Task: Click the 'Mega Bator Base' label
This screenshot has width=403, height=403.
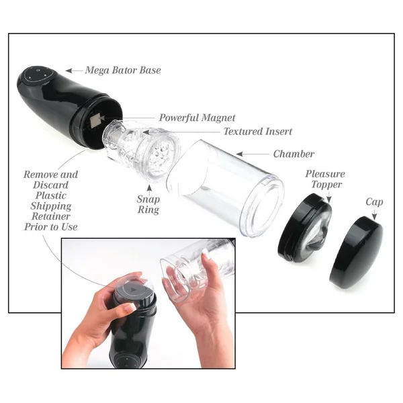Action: click(123, 70)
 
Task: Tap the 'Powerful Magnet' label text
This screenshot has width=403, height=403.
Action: click(197, 118)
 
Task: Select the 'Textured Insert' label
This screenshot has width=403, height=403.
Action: click(258, 132)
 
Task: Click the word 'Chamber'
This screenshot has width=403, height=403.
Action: click(294, 154)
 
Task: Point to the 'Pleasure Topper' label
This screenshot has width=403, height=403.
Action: click(325, 179)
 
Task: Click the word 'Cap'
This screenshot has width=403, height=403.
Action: click(374, 202)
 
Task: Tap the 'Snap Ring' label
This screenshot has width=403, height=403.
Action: click(148, 204)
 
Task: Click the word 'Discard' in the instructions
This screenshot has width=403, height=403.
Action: click(50, 185)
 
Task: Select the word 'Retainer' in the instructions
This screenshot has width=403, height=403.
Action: click(51, 216)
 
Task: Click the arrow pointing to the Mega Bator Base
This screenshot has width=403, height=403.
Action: click(75, 71)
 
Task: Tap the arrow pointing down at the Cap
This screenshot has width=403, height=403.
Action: click(375, 215)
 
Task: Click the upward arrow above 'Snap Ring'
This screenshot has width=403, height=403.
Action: click(149, 190)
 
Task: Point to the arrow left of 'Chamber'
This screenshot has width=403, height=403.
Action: click(253, 154)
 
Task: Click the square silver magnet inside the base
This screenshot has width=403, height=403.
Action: click(95, 120)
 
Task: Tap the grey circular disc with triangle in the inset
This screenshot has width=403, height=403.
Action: click(132, 290)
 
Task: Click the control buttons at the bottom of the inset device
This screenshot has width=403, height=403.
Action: click(124, 361)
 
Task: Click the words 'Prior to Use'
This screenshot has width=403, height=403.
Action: click(51, 227)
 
